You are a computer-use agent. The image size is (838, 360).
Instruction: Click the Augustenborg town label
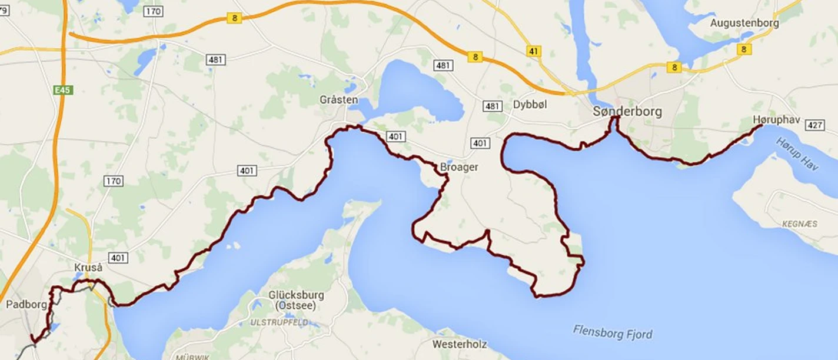(744, 23)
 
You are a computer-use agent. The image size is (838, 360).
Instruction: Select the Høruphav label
(776, 119)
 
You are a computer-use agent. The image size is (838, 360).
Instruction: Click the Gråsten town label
(338, 99)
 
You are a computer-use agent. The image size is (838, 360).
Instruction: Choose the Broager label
(459, 167)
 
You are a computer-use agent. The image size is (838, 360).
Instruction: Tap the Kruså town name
(88, 268)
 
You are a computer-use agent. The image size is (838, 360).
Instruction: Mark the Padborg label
(26, 304)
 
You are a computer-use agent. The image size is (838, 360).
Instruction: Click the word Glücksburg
(296, 295)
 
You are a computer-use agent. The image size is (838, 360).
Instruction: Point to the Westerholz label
(458, 343)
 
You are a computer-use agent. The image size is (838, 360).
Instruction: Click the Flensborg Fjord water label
(613, 332)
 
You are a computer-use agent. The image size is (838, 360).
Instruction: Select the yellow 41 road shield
(533, 51)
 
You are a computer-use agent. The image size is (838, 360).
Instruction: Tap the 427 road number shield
(815, 125)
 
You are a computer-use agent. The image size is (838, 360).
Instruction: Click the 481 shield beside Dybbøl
(492, 106)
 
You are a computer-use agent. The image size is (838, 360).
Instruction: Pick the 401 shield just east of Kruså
(118, 258)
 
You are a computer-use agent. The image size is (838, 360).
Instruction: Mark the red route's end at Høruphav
(762, 125)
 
